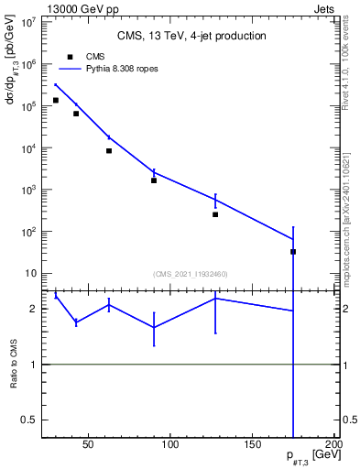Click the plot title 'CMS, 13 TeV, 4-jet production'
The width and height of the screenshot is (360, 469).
191,36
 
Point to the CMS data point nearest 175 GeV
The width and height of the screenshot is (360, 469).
293,251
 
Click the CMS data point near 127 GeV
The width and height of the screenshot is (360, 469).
215,214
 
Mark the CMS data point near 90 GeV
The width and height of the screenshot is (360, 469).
154,180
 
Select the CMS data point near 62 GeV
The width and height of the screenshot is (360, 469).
109,150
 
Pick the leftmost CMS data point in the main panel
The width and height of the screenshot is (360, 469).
56,100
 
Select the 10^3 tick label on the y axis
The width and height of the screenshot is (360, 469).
27,190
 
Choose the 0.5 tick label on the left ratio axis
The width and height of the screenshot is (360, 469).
29,420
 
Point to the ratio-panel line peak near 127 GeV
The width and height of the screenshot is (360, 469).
215,298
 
